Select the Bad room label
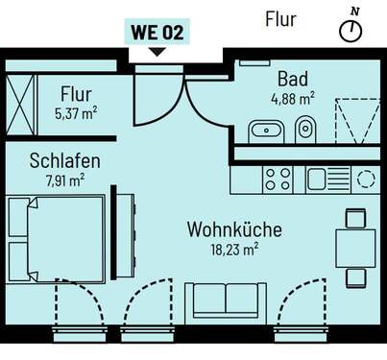(x=292, y=80)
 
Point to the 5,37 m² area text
(x=75, y=114)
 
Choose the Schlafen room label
(x=64, y=160)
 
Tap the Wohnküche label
(x=233, y=230)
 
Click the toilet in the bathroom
(x=305, y=129)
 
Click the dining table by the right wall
(x=355, y=247)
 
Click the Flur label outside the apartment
(x=280, y=18)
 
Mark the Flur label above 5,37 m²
(x=76, y=95)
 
